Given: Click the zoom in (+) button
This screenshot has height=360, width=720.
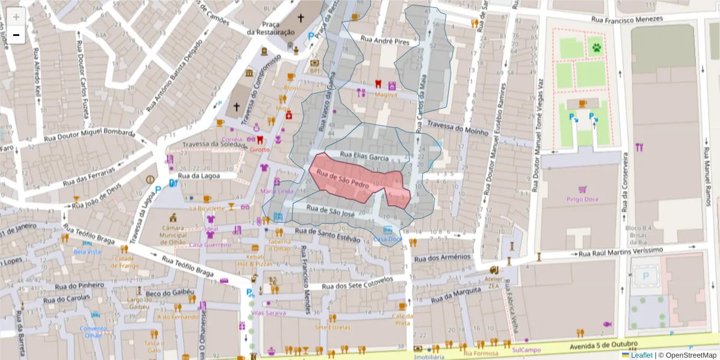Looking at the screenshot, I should tap(16, 17).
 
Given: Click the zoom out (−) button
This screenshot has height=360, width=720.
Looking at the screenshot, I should tap(16, 35).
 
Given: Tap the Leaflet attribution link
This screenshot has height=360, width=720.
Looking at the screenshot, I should tap(641, 355).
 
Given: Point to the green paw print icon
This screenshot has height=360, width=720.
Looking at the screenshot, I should tap(596, 47).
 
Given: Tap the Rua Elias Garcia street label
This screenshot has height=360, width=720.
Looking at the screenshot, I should tap(365, 156).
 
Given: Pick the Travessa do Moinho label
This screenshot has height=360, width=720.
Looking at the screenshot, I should tap(458, 127).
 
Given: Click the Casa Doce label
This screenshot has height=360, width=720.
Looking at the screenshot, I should tap(388, 239).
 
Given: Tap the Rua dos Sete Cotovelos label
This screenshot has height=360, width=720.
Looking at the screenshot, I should tap(357, 283).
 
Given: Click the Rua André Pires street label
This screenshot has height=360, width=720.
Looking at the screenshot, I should tap(384, 40).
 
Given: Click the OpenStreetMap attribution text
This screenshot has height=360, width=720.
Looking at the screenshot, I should tap(688, 355).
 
